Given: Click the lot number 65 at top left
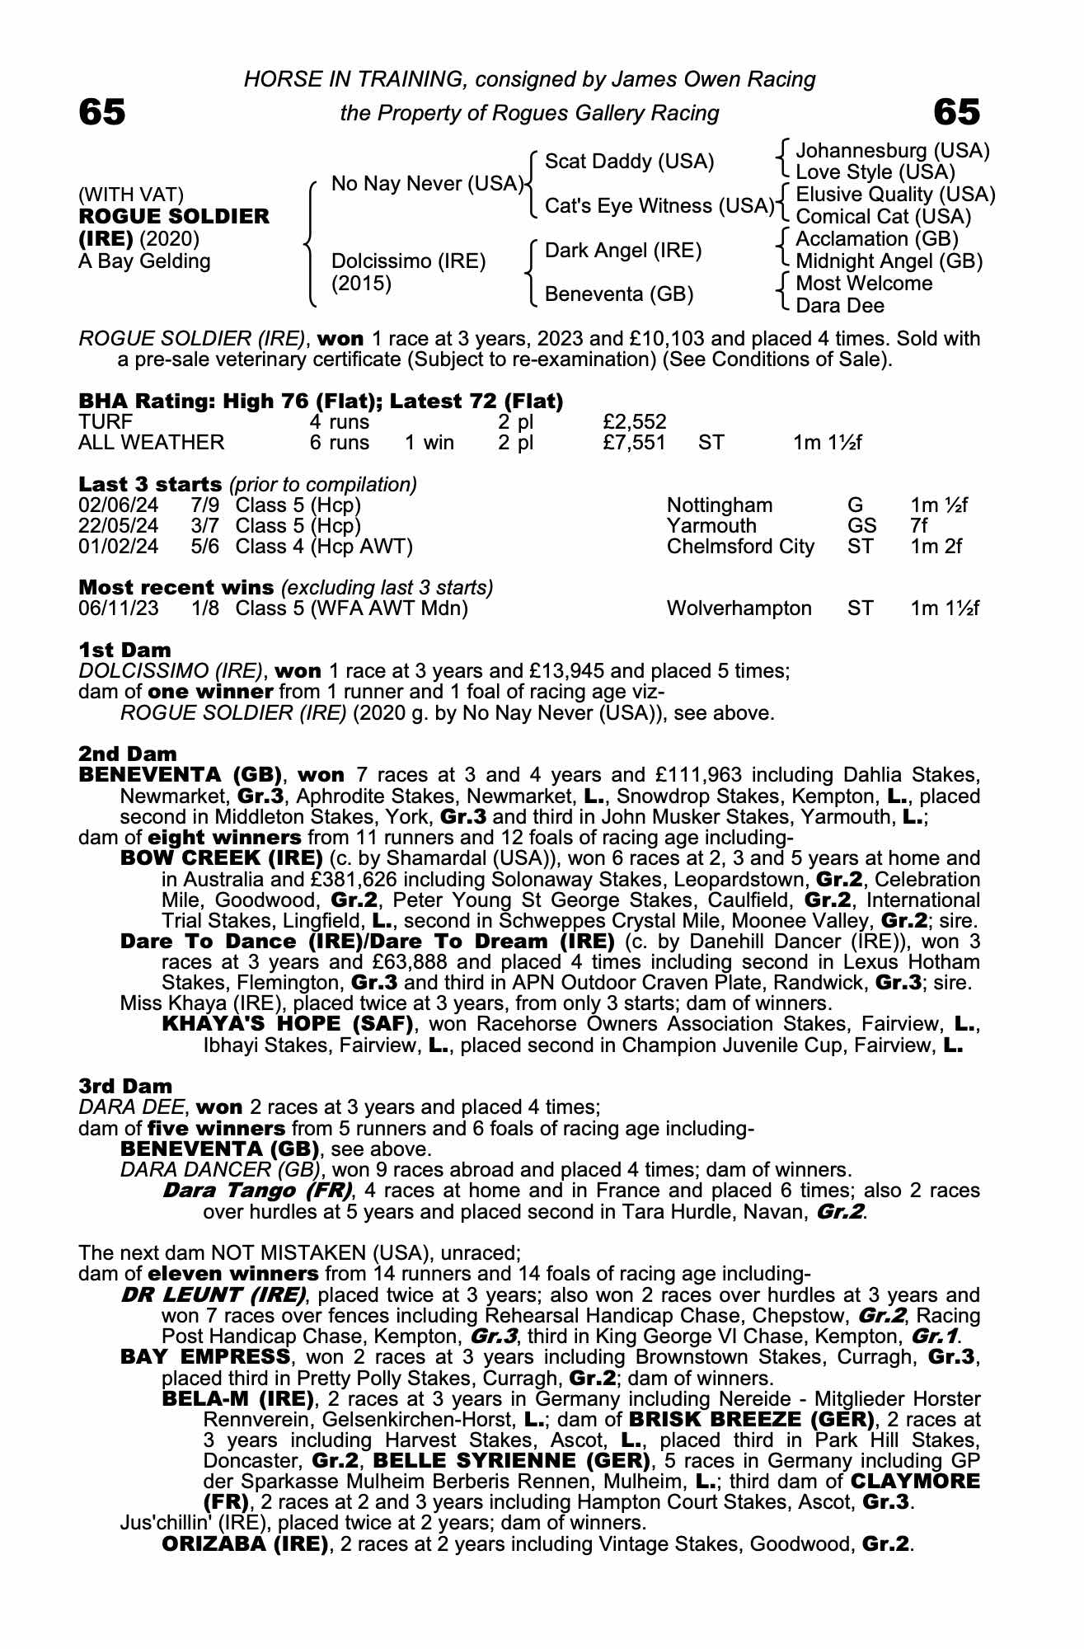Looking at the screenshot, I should click(102, 112).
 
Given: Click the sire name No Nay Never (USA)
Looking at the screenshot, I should click(427, 183).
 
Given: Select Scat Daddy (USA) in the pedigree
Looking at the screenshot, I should click(630, 161).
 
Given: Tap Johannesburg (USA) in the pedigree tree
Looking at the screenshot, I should click(893, 151).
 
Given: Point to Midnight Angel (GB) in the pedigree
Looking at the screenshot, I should click(889, 261).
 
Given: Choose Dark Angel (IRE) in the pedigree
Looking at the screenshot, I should click(623, 250).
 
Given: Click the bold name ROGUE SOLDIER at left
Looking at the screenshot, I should click(174, 217).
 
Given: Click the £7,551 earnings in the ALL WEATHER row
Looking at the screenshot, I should click(634, 443).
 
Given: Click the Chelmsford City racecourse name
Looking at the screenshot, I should click(740, 547).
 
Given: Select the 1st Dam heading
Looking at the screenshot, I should click(124, 651).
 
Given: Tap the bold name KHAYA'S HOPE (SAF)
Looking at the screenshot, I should click(288, 1025).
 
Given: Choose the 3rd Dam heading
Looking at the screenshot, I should click(125, 1086).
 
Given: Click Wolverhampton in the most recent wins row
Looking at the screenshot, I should click(739, 608).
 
